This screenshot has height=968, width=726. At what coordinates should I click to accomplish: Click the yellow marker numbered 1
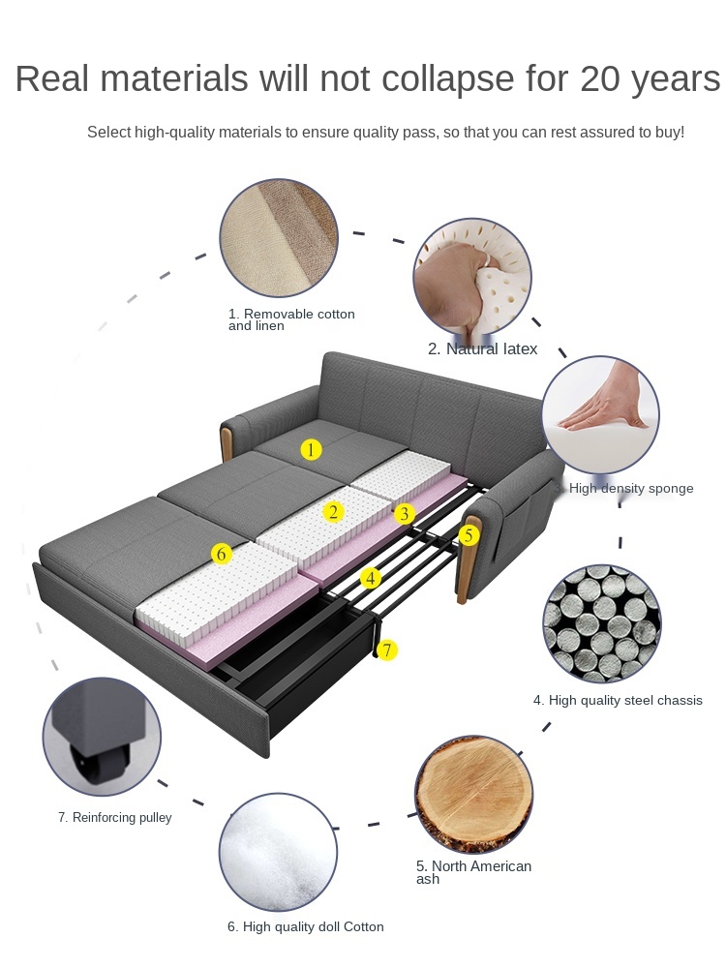tap(311, 449)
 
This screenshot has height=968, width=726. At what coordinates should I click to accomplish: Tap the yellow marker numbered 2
tap(333, 512)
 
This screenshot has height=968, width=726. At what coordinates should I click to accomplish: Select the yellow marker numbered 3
tap(405, 514)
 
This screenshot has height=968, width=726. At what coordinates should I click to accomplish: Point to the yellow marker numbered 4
tap(371, 579)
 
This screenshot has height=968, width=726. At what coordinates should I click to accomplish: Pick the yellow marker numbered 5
tap(469, 534)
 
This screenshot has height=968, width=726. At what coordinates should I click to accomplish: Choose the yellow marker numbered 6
tap(221, 554)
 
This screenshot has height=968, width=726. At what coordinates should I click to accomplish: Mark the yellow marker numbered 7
tap(387, 650)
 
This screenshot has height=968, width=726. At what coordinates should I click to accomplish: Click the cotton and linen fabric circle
tap(279, 238)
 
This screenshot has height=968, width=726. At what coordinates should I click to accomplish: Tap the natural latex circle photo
tap(472, 277)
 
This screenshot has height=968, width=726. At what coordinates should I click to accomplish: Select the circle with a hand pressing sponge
tap(601, 415)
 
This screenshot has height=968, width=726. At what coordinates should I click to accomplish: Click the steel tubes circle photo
tap(602, 623)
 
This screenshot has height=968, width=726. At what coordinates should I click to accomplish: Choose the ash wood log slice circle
tap(474, 794)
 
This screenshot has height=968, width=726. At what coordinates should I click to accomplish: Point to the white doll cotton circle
tap(279, 852)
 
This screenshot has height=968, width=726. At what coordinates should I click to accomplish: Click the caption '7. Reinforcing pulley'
tap(115, 817)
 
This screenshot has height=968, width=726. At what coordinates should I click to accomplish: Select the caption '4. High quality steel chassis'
tap(618, 700)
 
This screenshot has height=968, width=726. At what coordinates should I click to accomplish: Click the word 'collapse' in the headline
tap(447, 79)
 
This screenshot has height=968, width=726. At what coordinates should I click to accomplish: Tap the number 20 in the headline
tap(601, 78)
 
